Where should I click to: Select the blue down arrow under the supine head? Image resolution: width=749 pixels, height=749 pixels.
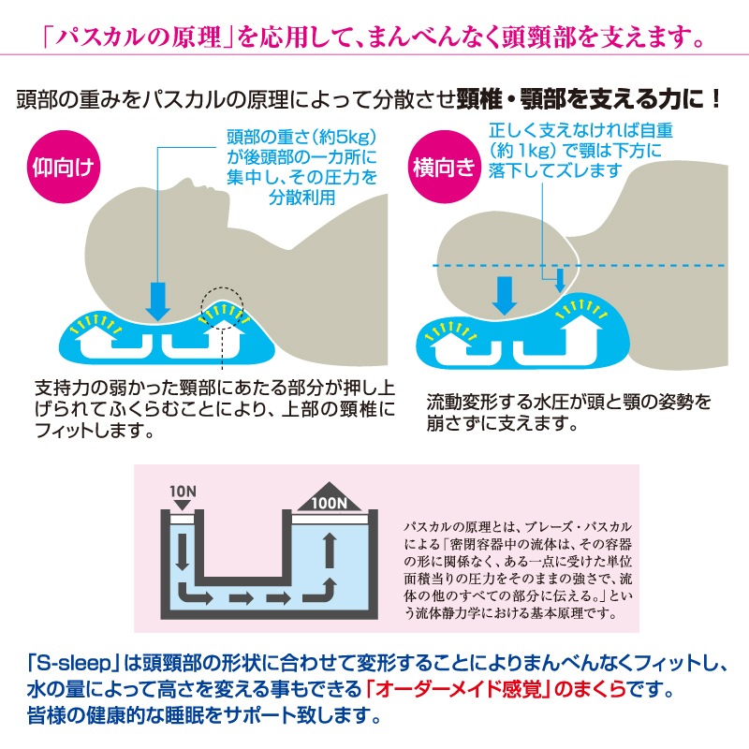[160, 299]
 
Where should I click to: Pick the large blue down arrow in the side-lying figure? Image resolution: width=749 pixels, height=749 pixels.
[505, 293]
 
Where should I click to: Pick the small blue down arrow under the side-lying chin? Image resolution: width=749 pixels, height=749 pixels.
[559, 278]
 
